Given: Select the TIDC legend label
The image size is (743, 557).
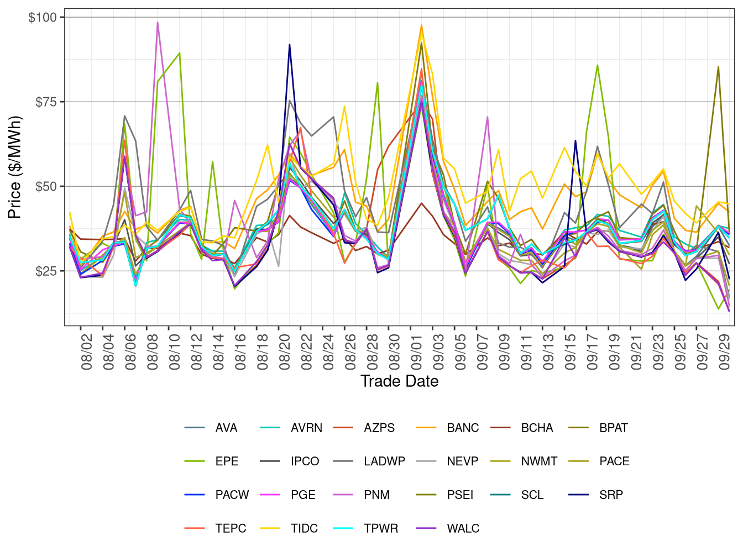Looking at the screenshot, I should click(304, 529).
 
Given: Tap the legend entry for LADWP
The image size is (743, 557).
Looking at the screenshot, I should click(384, 461).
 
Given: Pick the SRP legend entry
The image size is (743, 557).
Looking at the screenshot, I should click(611, 495).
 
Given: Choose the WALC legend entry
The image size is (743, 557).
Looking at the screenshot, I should click(463, 529).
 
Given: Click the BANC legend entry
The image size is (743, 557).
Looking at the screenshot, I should click(463, 428).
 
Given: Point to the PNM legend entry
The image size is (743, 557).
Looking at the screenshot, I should click(376, 495).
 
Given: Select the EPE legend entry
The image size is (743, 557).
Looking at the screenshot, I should click(227, 461).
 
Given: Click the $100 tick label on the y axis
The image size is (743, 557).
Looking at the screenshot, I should click(43, 18).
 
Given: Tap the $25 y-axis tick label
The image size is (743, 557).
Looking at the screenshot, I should click(45, 271).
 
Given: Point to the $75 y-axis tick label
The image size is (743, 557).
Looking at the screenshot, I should click(45, 102).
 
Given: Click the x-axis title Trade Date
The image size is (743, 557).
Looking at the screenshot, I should click(399, 381).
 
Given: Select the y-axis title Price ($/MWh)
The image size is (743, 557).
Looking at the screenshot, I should click(14, 167).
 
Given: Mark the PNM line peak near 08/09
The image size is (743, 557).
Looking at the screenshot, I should click(158, 23).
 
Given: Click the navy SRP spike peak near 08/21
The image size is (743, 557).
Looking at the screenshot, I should click(289, 44).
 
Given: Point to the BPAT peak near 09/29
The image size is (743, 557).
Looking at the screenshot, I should click(718, 67).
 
